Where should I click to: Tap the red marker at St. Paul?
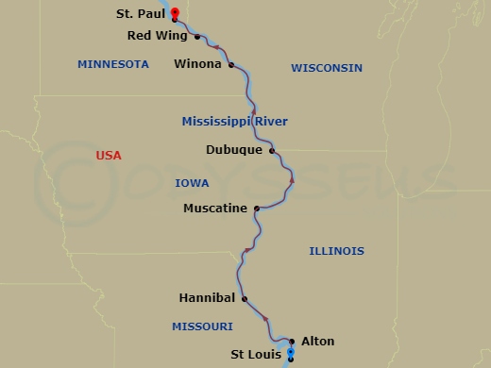(x=176, y=13)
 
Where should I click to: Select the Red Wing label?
(x=157, y=37)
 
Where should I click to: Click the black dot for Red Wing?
(x=196, y=37)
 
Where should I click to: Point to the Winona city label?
(x=198, y=65)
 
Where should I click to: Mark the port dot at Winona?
(x=230, y=65)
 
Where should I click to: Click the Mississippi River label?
(x=234, y=121)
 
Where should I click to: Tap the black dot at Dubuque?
(x=272, y=150)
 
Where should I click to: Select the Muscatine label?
(x=215, y=209)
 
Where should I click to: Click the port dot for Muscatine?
(x=257, y=209)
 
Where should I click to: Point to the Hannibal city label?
(x=207, y=298)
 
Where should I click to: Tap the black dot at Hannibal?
(x=244, y=299)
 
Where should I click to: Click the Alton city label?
(x=317, y=342)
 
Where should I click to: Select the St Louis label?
(x=255, y=355)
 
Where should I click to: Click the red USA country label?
(x=110, y=155)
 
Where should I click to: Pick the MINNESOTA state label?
(x=113, y=64)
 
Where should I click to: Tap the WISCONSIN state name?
(x=327, y=68)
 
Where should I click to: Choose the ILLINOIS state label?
(x=336, y=251)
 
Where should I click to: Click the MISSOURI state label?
(x=202, y=326)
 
